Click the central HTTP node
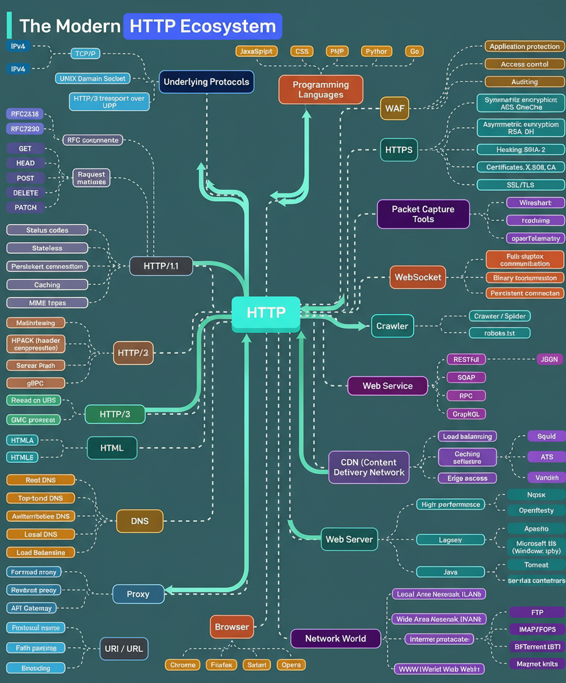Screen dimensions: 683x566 (266, 313)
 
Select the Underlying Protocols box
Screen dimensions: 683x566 (206, 82)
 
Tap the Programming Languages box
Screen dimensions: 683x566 (321, 90)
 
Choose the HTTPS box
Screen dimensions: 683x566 (399, 149)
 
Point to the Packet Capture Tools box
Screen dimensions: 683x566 (423, 214)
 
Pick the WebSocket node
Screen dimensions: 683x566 (418, 277)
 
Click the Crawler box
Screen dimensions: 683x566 (392, 326)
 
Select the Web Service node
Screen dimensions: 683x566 (387, 386)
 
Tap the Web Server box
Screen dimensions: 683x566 (349, 539)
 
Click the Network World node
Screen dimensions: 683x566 (335, 638)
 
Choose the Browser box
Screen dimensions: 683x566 (232, 627)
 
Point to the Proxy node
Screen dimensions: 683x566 (138, 594)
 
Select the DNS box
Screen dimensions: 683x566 (139, 521)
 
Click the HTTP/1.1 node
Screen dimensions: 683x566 (161, 266)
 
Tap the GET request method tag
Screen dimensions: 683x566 (25, 148)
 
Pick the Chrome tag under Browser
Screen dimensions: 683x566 (183, 665)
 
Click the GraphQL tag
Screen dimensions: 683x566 (465, 414)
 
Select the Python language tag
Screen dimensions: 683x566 (376, 51)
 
